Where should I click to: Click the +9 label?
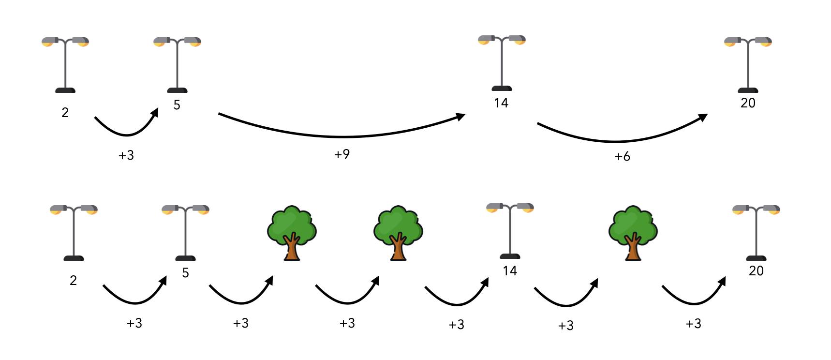pos(342,154)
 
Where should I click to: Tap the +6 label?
pos(622,156)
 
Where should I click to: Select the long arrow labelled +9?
pos(341,135)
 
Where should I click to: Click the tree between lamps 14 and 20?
pos(633,233)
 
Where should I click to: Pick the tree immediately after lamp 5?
pos(292,233)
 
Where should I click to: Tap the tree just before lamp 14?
pos(398,233)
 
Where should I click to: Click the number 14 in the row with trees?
pos(510,271)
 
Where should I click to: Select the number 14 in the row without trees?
pos(501,103)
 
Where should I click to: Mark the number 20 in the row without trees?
pos(748,103)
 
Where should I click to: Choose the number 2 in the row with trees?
pos(73,281)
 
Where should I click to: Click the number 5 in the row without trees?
pos(177,105)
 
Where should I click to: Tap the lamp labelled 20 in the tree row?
pos(756,233)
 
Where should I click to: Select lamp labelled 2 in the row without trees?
pos(65,65)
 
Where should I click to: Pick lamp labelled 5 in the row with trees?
pos(185,233)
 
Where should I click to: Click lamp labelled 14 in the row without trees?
pos(502,63)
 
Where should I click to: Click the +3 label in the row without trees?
pos(126,155)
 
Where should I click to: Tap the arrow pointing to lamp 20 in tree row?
pos(694,298)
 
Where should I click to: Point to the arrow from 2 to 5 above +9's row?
pos(127,129)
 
